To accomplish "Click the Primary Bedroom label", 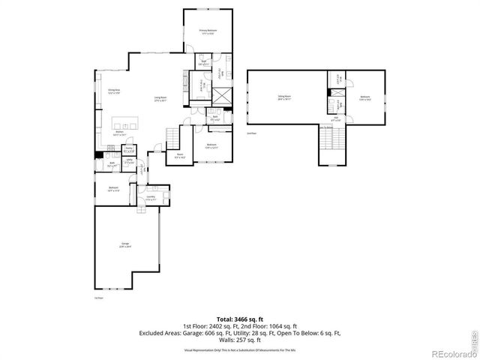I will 206,31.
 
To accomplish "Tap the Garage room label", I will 124,245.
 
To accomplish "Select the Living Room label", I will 160,99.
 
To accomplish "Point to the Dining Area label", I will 114,91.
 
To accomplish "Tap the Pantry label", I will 129,149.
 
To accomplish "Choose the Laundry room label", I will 151,198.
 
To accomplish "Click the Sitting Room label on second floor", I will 284,97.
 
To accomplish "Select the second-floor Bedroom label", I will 365,97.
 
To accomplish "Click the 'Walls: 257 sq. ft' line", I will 239,340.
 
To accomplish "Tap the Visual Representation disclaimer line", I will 239,349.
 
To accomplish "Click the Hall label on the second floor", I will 337,118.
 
